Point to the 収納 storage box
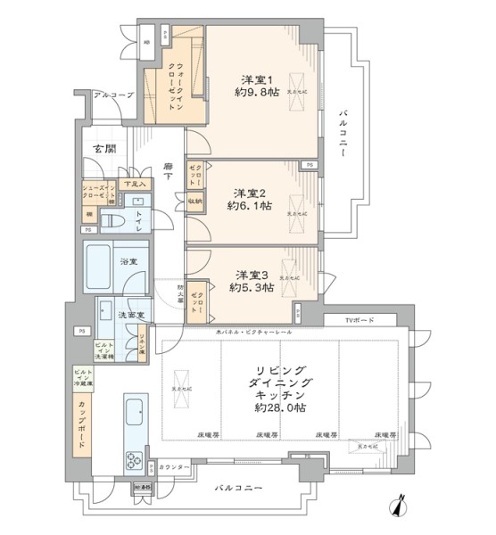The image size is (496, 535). [x=195, y=202]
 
